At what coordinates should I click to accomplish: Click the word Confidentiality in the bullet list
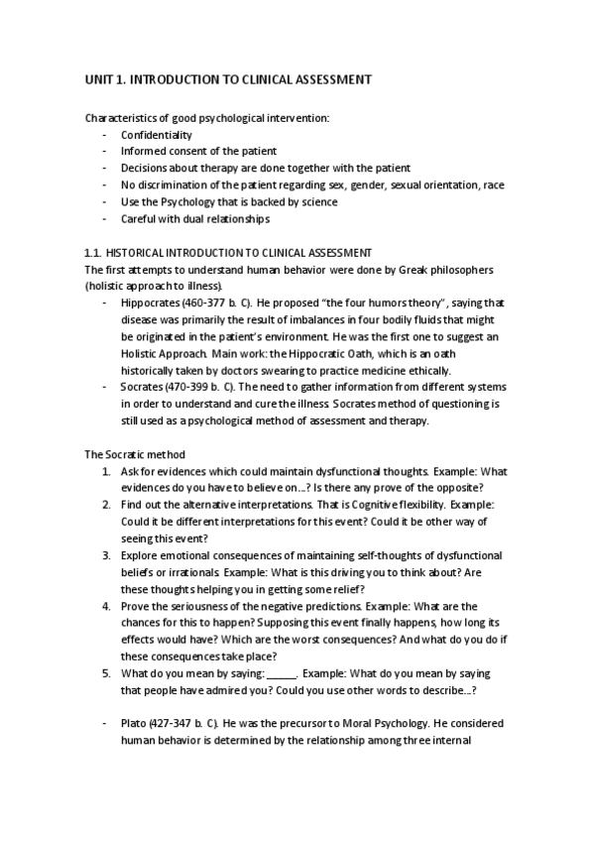pos(157,135)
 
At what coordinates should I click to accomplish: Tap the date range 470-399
pos(194,387)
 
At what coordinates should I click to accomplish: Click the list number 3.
pos(106,555)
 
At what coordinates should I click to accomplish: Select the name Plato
pos(134,724)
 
